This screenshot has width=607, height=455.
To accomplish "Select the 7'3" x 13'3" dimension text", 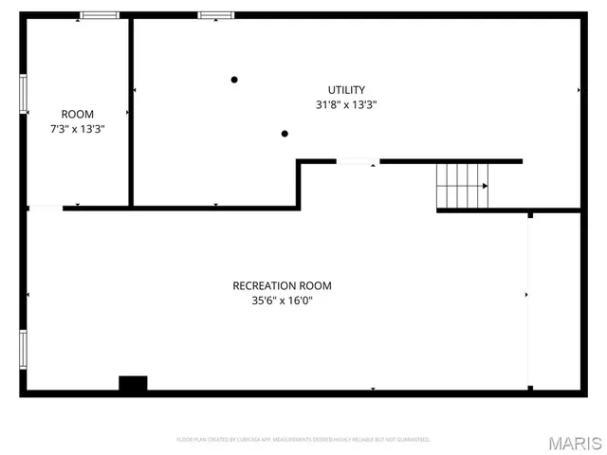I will point(77,130).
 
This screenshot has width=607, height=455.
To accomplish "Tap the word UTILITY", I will point(346,90).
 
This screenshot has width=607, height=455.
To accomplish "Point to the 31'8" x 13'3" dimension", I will point(346,105).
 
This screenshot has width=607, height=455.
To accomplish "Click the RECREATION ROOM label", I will point(282,285).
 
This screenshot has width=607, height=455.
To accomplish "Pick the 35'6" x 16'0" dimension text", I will point(282,301).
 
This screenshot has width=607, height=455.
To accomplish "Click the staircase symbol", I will point(462,185).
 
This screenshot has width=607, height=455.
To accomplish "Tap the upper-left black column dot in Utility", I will point(234,80).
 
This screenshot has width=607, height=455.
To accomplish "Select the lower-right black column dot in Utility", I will point(285,134).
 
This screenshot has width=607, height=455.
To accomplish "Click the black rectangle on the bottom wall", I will point(133,384).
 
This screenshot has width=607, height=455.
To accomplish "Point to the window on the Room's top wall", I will point(99,15).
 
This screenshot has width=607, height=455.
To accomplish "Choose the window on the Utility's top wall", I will point(214,15).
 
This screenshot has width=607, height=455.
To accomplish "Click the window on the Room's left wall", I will point(24,95).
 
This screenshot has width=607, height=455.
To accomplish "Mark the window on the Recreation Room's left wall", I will point(24,350).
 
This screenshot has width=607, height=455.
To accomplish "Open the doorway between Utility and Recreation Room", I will point(358,162).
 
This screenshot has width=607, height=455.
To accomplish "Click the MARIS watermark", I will point(574,442).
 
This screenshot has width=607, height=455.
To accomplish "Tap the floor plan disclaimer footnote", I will point(303,440).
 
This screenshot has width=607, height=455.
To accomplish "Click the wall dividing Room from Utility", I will point(131,111).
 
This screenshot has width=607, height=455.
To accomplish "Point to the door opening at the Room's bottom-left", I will point(46,207).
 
